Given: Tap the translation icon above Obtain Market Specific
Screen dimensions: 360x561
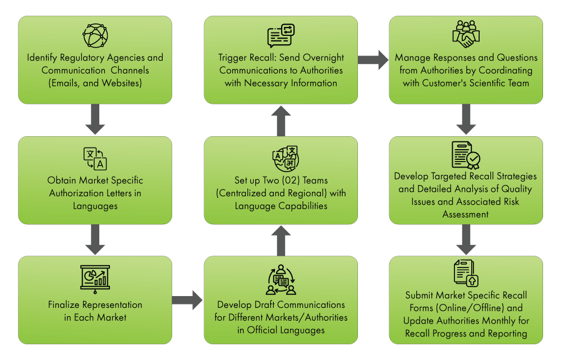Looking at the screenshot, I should click(95, 158).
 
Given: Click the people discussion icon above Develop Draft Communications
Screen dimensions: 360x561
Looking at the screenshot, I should click(280, 280).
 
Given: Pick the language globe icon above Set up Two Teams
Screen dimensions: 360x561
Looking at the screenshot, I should click(285, 158).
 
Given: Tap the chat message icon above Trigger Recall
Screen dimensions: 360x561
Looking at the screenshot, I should click(280, 36).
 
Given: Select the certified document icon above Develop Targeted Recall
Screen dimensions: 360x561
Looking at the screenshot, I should click(466, 155).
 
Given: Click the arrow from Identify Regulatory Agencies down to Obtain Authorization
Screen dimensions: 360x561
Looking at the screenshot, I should click(95, 121).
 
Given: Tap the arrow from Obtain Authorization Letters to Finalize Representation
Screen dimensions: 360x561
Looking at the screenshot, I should click(95, 240).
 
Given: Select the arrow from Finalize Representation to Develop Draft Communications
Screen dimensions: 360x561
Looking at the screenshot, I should click(187, 300).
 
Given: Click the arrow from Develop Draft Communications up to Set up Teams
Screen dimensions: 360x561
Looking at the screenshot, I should click(280, 240).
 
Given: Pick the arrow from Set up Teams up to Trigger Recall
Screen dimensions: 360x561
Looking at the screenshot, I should click(280, 121).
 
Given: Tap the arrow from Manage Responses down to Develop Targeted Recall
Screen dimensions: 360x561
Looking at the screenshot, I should click(466, 121).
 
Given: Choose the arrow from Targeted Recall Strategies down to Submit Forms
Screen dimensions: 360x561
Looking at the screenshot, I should click(466, 240).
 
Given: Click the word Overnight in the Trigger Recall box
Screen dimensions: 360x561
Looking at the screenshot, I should click(320, 58).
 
